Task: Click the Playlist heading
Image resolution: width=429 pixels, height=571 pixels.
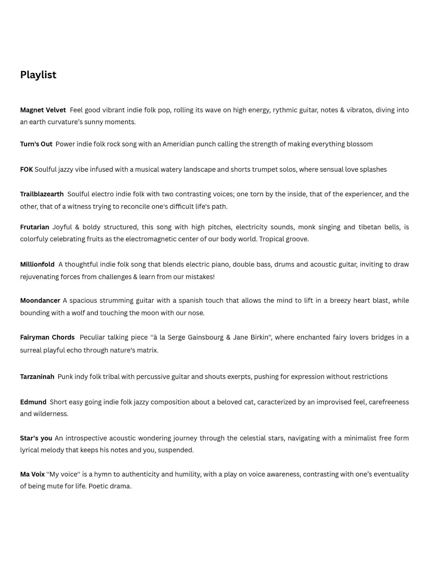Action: click(x=38, y=75)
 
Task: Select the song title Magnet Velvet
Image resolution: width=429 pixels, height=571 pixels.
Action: click(x=43, y=110)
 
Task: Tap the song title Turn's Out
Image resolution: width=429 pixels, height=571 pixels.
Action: click(x=36, y=144)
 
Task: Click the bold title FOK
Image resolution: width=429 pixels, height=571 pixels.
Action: click(x=26, y=170)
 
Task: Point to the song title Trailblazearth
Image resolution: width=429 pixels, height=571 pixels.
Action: click(x=42, y=194)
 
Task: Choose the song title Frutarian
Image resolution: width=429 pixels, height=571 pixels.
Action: click(x=35, y=227)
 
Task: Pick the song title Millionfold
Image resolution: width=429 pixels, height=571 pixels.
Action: click(x=37, y=264)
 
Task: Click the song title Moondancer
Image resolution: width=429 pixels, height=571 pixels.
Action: click(x=40, y=300)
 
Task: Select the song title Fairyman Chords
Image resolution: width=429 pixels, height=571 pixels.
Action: click(x=47, y=337)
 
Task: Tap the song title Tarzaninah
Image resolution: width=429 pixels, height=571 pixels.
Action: click(x=37, y=377)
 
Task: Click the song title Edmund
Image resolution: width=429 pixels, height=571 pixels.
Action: click(x=33, y=402)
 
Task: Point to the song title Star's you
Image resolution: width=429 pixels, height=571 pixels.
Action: click(x=36, y=438)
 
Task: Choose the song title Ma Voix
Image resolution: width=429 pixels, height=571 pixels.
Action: click(x=32, y=474)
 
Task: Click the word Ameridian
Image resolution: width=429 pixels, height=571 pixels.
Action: click(x=178, y=144)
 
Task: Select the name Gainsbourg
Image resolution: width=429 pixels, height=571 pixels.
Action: click(x=205, y=337)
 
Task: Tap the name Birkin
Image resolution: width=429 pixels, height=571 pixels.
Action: click(x=259, y=337)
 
